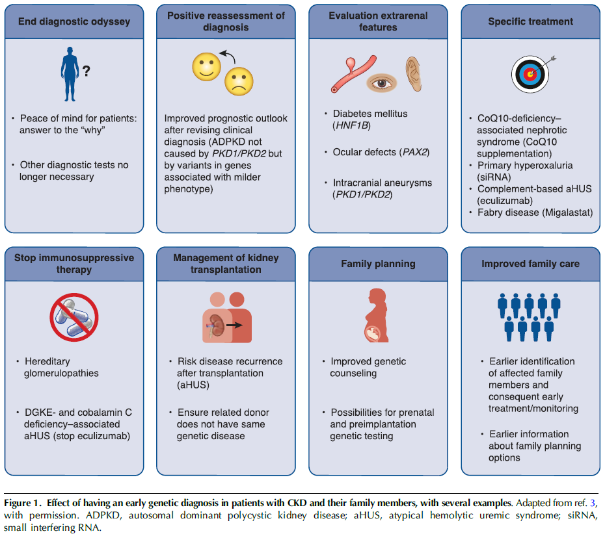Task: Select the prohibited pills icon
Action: click(x=74, y=317)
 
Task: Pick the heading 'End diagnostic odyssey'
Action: click(x=75, y=21)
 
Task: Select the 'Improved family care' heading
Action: click(x=530, y=264)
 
